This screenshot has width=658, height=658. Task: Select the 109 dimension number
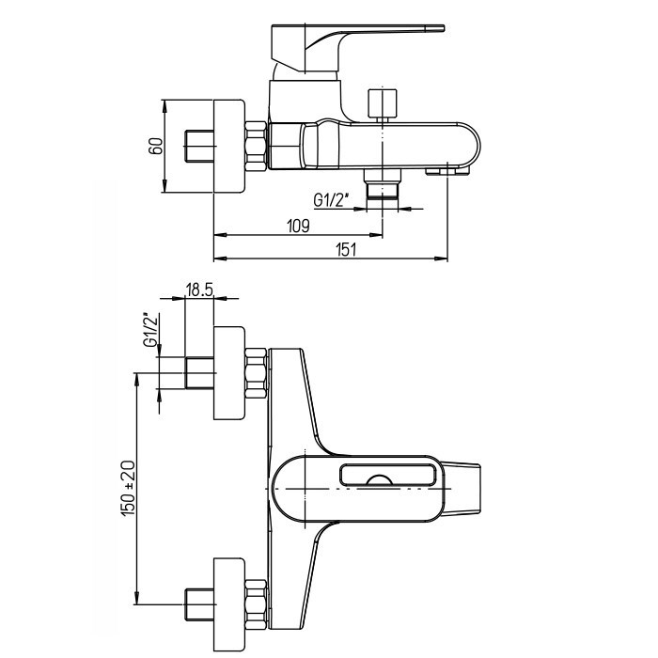298,227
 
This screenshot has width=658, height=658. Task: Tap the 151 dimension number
346,250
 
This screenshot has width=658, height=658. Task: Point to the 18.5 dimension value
199,290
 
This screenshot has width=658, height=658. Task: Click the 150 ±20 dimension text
129,489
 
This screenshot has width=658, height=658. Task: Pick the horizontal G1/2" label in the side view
332,200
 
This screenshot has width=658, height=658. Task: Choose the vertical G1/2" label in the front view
152,330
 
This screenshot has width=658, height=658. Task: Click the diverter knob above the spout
383,103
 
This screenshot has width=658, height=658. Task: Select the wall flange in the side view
229,147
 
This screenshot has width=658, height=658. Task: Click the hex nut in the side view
256,147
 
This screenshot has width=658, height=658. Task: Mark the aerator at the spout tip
447,171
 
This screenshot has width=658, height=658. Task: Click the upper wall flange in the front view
229,373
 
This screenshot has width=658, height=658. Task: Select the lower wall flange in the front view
229,604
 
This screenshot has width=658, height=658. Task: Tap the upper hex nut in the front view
256,373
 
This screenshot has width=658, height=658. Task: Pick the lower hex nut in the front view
256,604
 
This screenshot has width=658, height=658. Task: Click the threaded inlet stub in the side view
199,147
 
